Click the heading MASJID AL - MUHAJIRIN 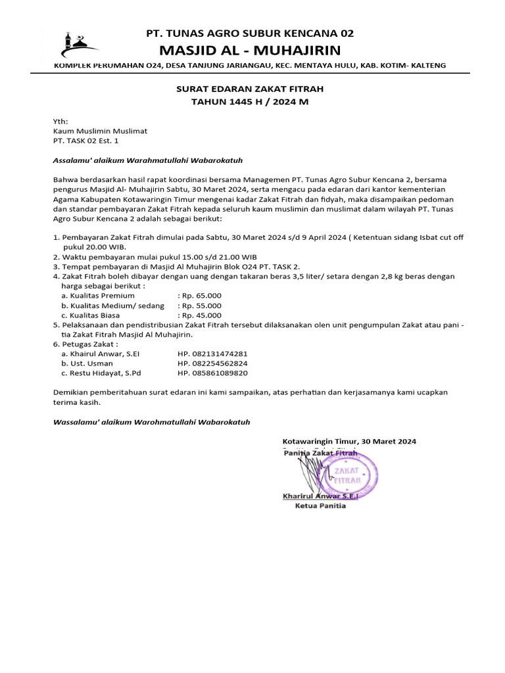tap(250, 51)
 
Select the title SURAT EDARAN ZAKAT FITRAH tap(249, 89)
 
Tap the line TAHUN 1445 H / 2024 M tap(249, 102)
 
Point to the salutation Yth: tap(60, 122)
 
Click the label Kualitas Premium tap(98, 296)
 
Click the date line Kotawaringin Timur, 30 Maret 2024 tap(349, 442)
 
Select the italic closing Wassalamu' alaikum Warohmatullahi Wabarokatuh tap(151, 421)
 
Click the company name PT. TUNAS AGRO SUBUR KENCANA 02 tap(250, 34)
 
